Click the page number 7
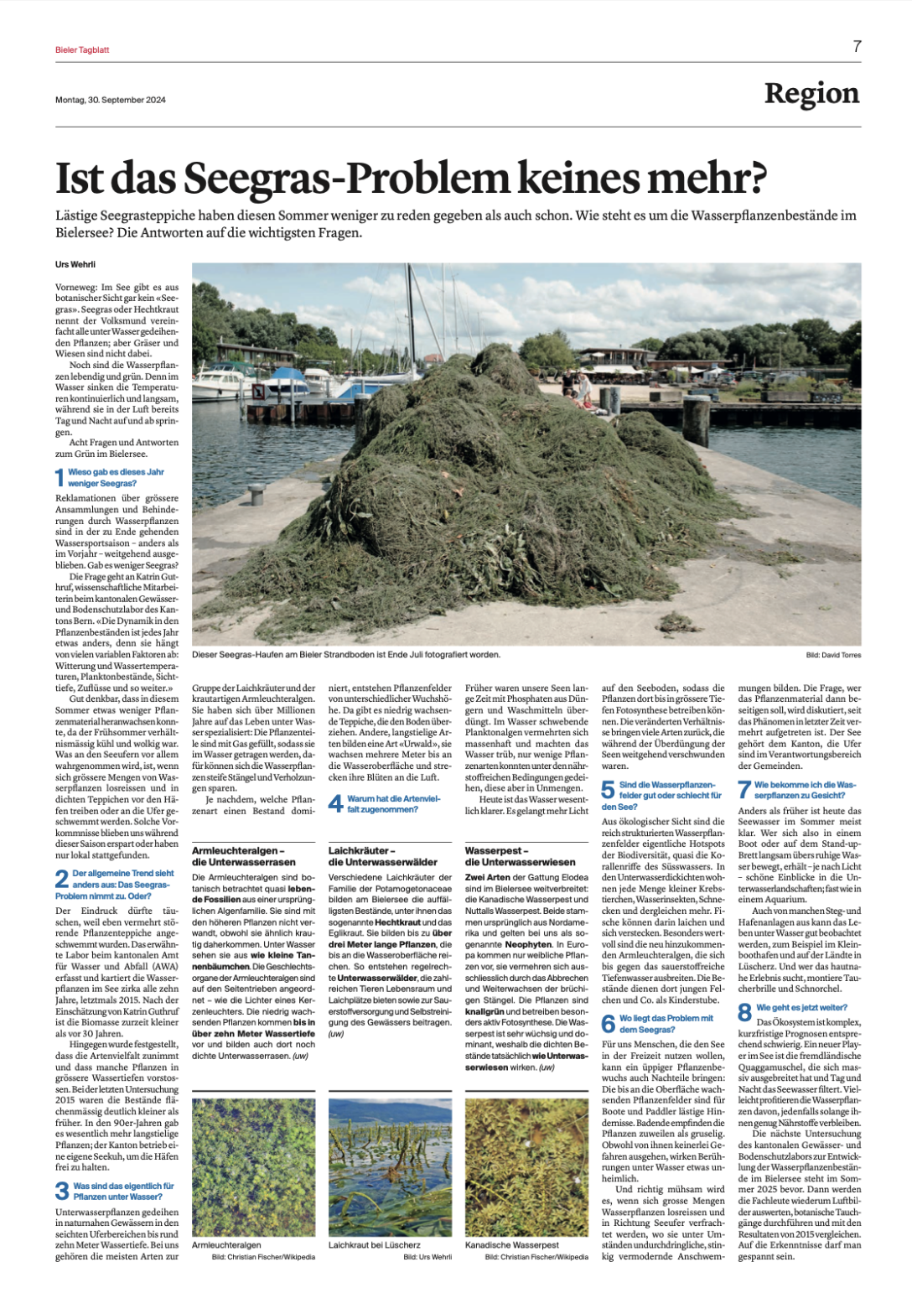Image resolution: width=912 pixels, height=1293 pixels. tap(857, 47)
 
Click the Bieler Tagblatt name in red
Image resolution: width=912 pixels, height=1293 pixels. tap(82, 50)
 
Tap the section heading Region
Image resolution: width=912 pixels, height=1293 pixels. tap(811, 94)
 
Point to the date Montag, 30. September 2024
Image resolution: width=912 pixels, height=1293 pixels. tap(111, 100)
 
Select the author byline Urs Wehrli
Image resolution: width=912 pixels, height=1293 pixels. tap(75, 264)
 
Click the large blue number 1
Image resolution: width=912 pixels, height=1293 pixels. tap(60, 478)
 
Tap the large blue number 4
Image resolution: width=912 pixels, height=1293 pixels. tap(335, 804)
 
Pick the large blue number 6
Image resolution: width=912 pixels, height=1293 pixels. tap(609, 1024)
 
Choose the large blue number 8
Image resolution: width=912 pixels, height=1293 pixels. tap(744, 1012)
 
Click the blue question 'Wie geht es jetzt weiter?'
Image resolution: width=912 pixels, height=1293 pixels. tap(801, 1008)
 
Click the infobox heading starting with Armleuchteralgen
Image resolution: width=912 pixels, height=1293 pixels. tap(244, 856)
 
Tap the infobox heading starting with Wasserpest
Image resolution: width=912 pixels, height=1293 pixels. tap(521, 856)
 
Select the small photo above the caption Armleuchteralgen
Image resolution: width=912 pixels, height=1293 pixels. tap(253, 1166)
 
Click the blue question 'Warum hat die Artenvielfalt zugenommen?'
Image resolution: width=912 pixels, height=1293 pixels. tap(394, 804)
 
